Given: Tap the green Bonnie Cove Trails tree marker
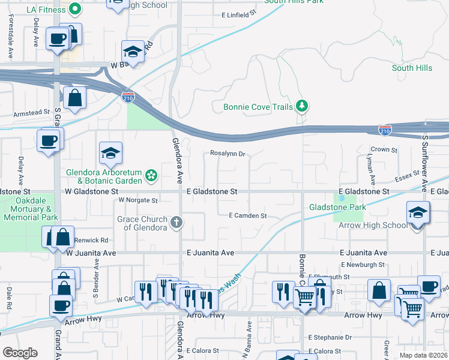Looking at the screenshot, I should (x=302, y=107).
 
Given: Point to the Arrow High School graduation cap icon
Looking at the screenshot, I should (x=418, y=212).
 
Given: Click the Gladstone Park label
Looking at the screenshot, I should (x=337, y=207).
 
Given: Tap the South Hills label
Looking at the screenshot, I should (x=412, y=68).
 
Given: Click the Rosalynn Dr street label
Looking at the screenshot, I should (x=228, y=154).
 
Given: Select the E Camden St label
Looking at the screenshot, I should (x=247, y=215).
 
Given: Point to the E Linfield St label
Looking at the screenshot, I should (x=239, y=13).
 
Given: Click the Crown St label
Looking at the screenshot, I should (x=384, y=149).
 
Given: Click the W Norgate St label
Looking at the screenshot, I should (x=138, y=200).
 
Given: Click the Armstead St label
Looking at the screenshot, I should (x=32, y=112).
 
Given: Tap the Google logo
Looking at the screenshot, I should (x=20, y=353).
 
